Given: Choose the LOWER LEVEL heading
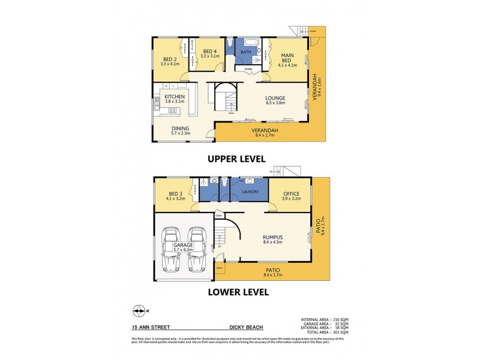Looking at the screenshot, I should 239,293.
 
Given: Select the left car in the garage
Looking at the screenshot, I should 172,250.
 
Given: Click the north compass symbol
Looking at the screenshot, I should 139,310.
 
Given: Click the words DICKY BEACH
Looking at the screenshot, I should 245,328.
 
